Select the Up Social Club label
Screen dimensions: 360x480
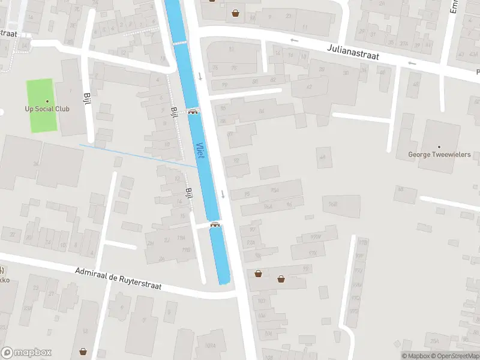point(47,109)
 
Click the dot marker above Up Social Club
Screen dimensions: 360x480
point(47,101)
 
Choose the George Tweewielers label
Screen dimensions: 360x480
point(439,154)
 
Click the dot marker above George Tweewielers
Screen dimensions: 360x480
point(439,146)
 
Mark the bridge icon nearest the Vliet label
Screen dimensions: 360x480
point(193,111)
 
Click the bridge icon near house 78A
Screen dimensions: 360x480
point(214,224)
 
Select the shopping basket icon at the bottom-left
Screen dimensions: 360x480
point(83,351)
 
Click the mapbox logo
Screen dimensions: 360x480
point(26,352)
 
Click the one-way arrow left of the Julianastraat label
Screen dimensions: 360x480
point(294,40)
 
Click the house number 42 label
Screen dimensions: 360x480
point(310,87)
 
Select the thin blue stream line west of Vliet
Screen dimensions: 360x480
point(138,155)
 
